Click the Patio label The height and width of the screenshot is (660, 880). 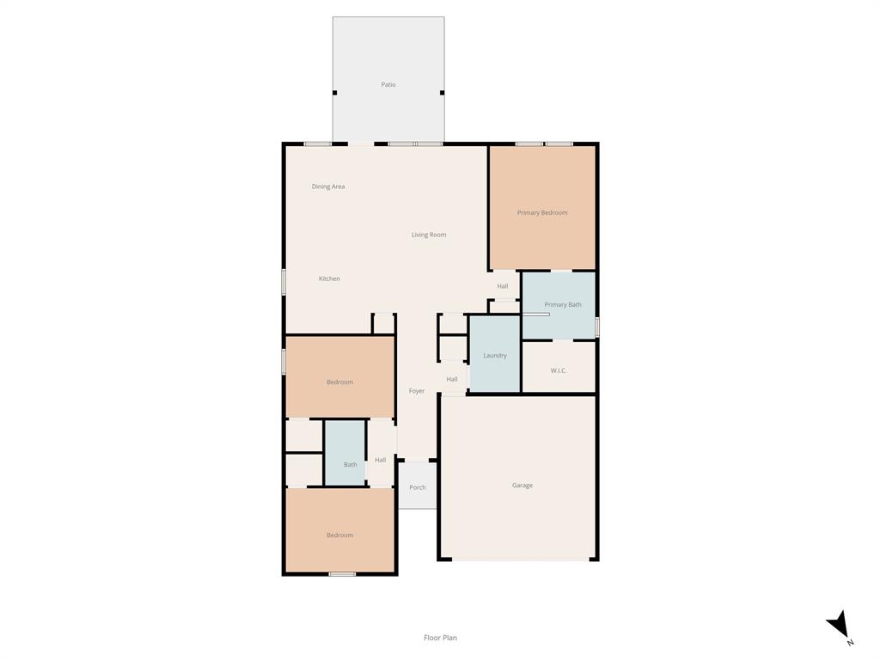coord(388,85)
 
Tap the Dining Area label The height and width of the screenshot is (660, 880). coord(328,186)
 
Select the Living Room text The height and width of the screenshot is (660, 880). coord(429,235)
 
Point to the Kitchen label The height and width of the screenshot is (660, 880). coord(329,278)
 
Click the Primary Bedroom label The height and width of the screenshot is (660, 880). coord(542,213)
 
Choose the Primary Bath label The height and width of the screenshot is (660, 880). coord(563,305)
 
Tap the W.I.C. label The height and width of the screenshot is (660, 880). coord(559,370)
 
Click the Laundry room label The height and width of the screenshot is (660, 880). coord(495,355)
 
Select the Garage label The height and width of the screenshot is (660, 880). coord(522,486)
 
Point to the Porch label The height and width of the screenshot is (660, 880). coord(418,488)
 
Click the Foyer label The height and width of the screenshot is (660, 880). coord(417,391)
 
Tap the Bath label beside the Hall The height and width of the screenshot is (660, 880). coord(351,465)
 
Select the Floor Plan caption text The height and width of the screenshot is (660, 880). coord(441,638)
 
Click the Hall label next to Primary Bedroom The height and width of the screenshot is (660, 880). coord(502,286)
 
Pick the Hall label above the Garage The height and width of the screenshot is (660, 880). coord(452,379)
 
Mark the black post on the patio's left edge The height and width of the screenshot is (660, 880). coord(335,93)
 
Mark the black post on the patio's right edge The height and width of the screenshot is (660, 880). coord(443,93)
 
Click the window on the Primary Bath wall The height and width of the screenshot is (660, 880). coord(597,327)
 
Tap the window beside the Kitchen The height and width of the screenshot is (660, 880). coord(284,282)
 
